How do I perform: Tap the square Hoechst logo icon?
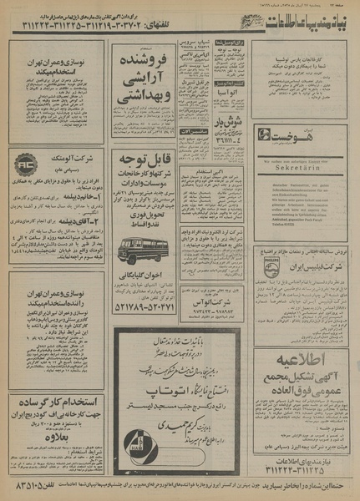click(264, 134)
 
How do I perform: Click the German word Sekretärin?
click(302, 167)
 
